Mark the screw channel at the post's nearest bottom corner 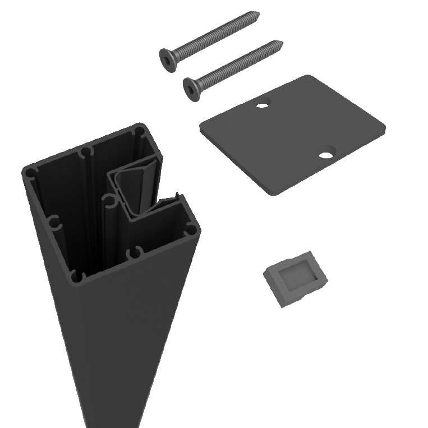pyautogui.click(x=77, y=276)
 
